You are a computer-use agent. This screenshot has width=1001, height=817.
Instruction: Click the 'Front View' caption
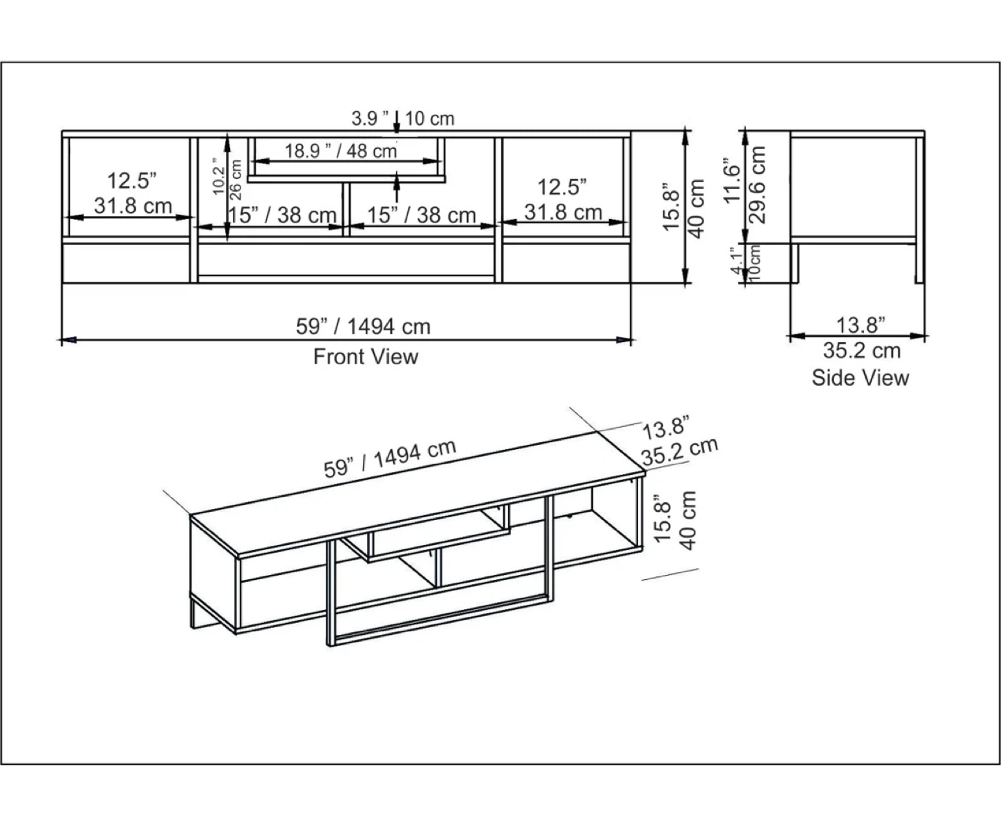(366, 357)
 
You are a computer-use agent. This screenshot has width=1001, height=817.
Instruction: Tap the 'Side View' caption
(860, 378)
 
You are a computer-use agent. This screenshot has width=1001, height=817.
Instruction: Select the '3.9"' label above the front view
(370, 118)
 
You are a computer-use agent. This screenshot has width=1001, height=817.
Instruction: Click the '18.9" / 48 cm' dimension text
(341, 151)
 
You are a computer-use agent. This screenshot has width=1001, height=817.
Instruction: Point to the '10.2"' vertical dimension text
(218, 176)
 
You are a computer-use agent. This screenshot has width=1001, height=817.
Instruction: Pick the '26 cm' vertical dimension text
(236, 179)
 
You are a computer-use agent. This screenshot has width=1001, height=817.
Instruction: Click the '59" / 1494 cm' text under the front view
(363, 326)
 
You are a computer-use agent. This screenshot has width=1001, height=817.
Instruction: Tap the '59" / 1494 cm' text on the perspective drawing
(390, 458)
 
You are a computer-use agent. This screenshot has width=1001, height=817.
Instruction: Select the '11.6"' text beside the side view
(731, 181)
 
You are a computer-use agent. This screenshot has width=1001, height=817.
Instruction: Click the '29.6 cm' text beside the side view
(757, 185)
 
